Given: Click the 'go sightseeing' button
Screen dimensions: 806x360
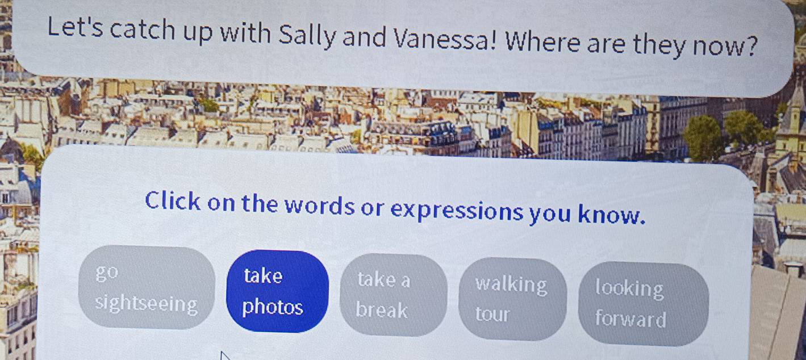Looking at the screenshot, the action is (x=147, y=287).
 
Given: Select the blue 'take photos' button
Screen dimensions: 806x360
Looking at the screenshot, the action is (x=277, y=291).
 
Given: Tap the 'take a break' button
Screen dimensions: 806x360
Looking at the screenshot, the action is (x=394, y=295).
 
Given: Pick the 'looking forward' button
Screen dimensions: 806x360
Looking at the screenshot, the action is (x=644, y=304).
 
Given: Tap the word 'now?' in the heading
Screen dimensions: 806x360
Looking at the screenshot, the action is (x=724, y=45).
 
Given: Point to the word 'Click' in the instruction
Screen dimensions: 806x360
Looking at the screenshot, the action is (x=173, y=200).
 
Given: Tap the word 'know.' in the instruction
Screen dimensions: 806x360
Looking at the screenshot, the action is (x=611, y=214).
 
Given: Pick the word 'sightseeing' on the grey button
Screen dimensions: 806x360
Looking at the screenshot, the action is (x=147, y=304).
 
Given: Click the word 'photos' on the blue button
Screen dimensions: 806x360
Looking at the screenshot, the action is (x=273, y=308).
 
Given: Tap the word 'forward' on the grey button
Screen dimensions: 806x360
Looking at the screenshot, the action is (x=630, y=319).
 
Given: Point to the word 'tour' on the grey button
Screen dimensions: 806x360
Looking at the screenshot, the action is (x=492, y=314).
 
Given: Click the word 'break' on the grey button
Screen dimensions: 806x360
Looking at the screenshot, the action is (x=382, y=309).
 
